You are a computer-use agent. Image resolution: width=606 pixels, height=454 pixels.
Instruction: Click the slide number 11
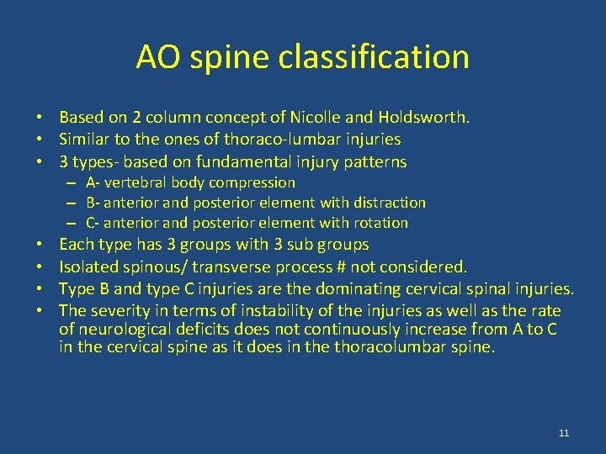coord(564,433)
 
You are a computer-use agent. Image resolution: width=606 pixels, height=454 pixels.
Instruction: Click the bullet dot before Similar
coord(40,140)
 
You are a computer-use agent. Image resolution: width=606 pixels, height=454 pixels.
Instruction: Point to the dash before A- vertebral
coord(73,182)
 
